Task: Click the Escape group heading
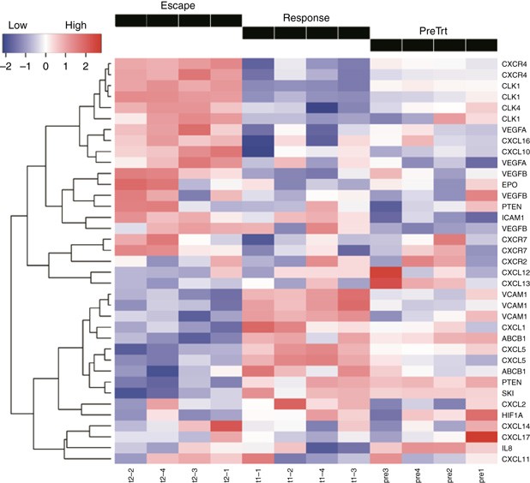[x=177, y=7]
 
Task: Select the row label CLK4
[x=512, y=108]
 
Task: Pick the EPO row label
[x=510, y=184]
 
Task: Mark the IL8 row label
[x=508, y=447]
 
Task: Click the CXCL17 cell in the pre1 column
[x=483, y=436]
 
